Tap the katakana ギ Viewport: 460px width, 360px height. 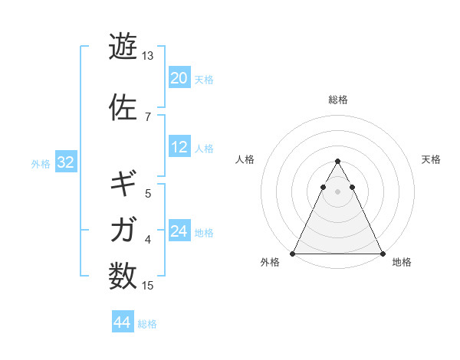123,183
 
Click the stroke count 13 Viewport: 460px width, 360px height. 147,56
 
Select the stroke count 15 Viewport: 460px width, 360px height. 147,286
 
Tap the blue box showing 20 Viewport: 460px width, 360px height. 179,78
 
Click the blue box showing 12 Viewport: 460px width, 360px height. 179,148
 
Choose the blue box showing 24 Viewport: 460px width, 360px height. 179,232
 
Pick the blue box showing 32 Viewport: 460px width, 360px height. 65,163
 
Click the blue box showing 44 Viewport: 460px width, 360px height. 123,323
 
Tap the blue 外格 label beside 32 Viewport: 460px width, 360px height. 40,164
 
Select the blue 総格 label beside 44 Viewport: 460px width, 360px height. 147,324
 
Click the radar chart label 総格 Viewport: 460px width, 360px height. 337,100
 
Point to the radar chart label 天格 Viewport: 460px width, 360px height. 432,159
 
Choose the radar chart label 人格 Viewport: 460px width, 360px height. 245,159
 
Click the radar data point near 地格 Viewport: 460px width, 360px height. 382,254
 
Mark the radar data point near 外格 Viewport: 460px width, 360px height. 293,254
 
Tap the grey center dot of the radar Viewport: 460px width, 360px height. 337,192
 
